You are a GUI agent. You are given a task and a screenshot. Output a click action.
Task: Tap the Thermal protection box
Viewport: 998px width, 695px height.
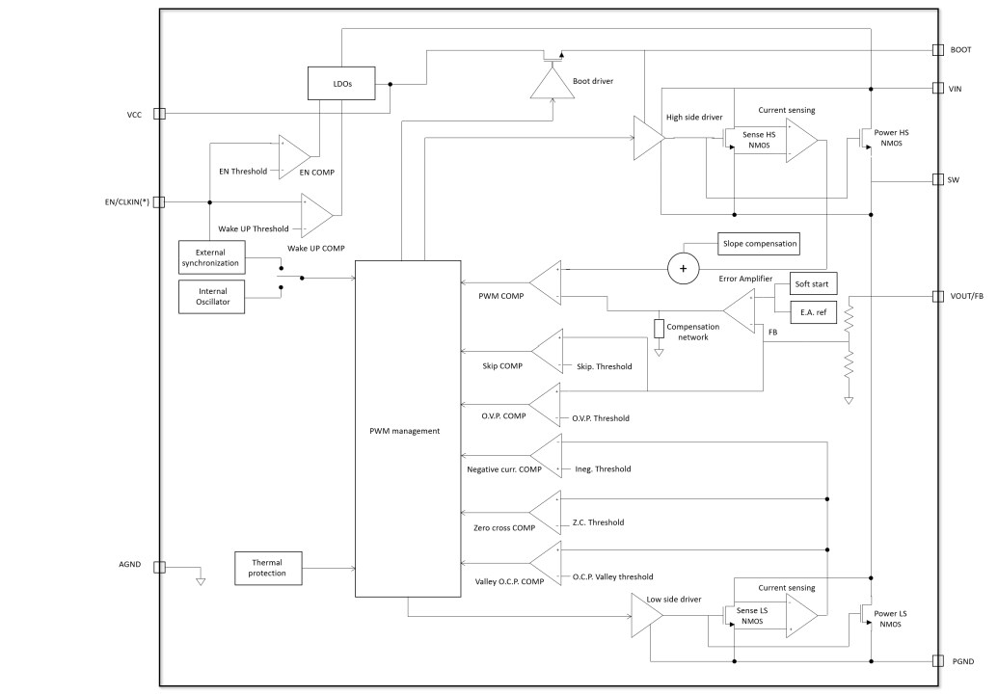coord(268,567)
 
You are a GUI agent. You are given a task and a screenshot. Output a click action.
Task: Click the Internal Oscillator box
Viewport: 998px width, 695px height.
coord(212,297)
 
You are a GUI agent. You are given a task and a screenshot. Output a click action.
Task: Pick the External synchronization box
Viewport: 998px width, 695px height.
coord(212,257)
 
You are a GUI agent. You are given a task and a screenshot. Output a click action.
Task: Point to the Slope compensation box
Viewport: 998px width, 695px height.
coord(759,244)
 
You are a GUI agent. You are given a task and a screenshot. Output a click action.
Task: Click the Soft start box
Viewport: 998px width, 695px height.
coord(814,285)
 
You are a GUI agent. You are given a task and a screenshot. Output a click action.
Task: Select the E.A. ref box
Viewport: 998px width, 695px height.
coord(814,311)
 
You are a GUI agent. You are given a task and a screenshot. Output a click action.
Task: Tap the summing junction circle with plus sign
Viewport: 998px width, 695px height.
coord(683,269)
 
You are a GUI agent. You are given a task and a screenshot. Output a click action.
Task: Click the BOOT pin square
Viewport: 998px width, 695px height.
coord(938,49)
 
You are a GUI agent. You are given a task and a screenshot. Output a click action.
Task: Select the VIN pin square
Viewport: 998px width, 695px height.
coord(938,88)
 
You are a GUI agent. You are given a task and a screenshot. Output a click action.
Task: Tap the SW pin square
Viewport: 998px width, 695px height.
coord(938,179)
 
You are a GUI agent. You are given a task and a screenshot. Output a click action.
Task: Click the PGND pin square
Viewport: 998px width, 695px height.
coord(938,661)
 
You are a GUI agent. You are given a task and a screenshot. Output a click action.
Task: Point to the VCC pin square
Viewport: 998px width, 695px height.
coord(160,114)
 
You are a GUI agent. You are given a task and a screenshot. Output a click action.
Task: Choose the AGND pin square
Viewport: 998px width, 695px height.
coord(160,568)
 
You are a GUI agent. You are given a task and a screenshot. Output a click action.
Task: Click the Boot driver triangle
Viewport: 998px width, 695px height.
coord(551,86)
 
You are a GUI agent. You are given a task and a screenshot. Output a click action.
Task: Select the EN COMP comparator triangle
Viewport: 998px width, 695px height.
coord(294,154)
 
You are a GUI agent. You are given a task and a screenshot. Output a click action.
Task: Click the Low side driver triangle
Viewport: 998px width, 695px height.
coord(645,614)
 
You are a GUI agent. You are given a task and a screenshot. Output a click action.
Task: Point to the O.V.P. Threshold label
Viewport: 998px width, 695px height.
coord(601,418)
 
